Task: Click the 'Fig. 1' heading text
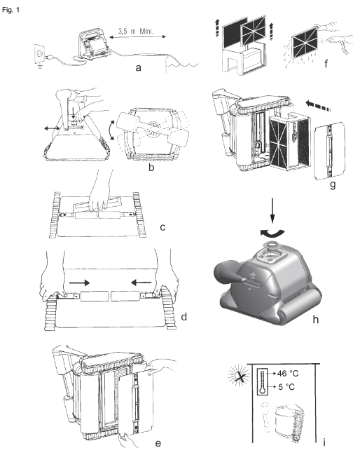click(11, 10)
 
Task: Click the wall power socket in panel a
click(40, 53)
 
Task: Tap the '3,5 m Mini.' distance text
click(135, 31)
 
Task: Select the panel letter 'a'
click(138, 68)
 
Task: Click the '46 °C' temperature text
click(288, 373)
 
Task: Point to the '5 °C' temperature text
click(286, 386)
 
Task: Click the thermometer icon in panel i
click(263, 382)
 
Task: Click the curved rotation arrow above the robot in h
click(272, 233)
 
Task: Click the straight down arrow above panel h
click(272, 210)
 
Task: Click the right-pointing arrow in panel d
click(79, 283)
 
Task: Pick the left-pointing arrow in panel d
click(141, 282)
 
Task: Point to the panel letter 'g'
click(333, 184)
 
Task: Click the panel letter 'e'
click(158, 443)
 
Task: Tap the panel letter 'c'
click(162, 227)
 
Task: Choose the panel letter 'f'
click(326, 63)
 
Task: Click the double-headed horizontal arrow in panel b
click(52, 128)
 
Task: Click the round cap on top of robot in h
click(272, 245)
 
